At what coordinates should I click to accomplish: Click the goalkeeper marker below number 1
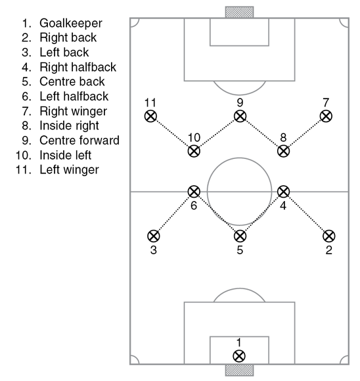[x=239, y=356]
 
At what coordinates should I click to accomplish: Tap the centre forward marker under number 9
[x=240, y=116]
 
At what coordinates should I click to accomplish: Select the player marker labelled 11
[x=150, y=116]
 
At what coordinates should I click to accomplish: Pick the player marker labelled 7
[x=326, y=116]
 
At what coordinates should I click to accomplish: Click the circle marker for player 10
[x=194, y=151]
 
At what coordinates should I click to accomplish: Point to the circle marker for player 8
[x=283, y=151]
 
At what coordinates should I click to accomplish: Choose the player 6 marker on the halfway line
[x=194, y=192]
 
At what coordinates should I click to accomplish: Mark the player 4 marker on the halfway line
[x=283, y=192]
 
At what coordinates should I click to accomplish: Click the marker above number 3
[x=154, y=236]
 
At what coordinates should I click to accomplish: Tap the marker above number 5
[x=240, y=236]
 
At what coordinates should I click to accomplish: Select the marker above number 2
[x=329, y=236]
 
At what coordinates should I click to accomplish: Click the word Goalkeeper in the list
[x=71, y=24]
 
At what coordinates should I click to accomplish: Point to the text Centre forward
[x=79, y=140]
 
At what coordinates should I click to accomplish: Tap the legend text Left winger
[x=69, y=169]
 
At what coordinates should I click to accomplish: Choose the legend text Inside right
[x=69, y=126]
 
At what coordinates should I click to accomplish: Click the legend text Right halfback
[x=78, y=67]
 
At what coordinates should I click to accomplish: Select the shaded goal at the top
[x=239, y=12]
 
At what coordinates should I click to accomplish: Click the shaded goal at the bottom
[x=239, y=370]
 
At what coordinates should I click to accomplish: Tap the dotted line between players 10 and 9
[x=217, y=133]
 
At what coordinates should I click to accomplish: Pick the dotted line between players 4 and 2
[x=306, y=214]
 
